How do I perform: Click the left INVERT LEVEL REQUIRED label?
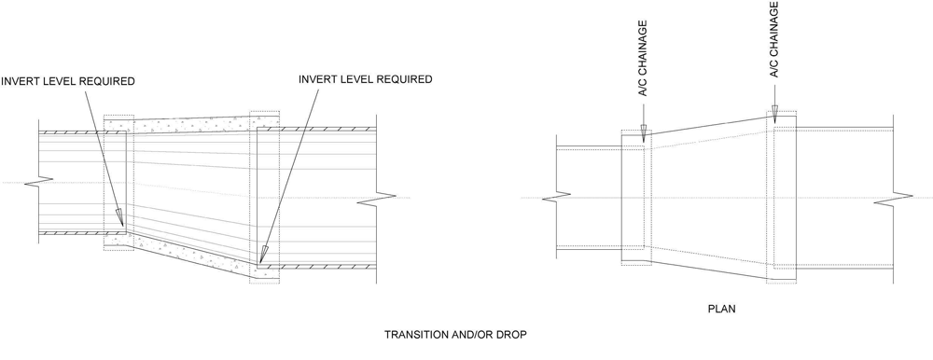(x=68, y=81)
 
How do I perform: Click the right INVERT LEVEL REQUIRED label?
(x=366, y=79)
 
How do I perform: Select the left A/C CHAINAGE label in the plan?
(x=643, y=59)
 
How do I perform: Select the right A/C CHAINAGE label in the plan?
(x=774, y=39)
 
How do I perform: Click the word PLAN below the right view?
(x=721, y=310)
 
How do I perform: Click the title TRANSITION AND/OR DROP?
(x=455, y=335)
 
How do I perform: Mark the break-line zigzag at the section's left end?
(x=38, y=182)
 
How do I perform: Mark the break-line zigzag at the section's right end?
(x=376, y=200)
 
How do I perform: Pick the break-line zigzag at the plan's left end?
(x=556, y=197)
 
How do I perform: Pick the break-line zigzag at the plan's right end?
(x=893, y=200)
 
